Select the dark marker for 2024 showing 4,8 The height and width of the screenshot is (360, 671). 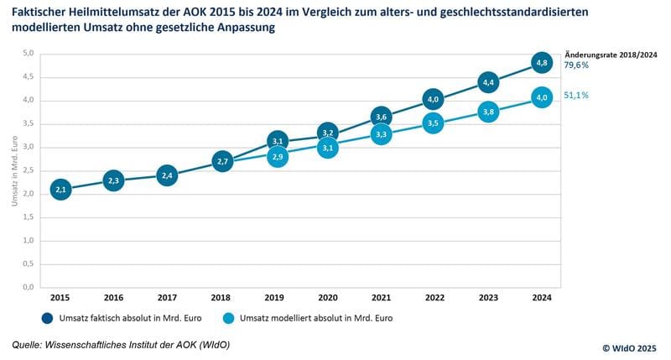click(542, 62)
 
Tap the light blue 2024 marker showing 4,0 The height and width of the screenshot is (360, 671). click(542, 98)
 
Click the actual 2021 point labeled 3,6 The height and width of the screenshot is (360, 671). click(382, 117)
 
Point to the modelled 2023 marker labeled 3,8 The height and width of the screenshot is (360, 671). click(489, 111)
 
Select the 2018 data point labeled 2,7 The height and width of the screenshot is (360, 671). click(221, 160)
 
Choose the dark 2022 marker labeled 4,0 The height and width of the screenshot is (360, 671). click(434, 100)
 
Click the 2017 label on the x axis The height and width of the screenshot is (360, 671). click(168, 297)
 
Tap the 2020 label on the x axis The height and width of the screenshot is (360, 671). click(328, 297)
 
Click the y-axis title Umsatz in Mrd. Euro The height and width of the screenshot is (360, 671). click(14, 170)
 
